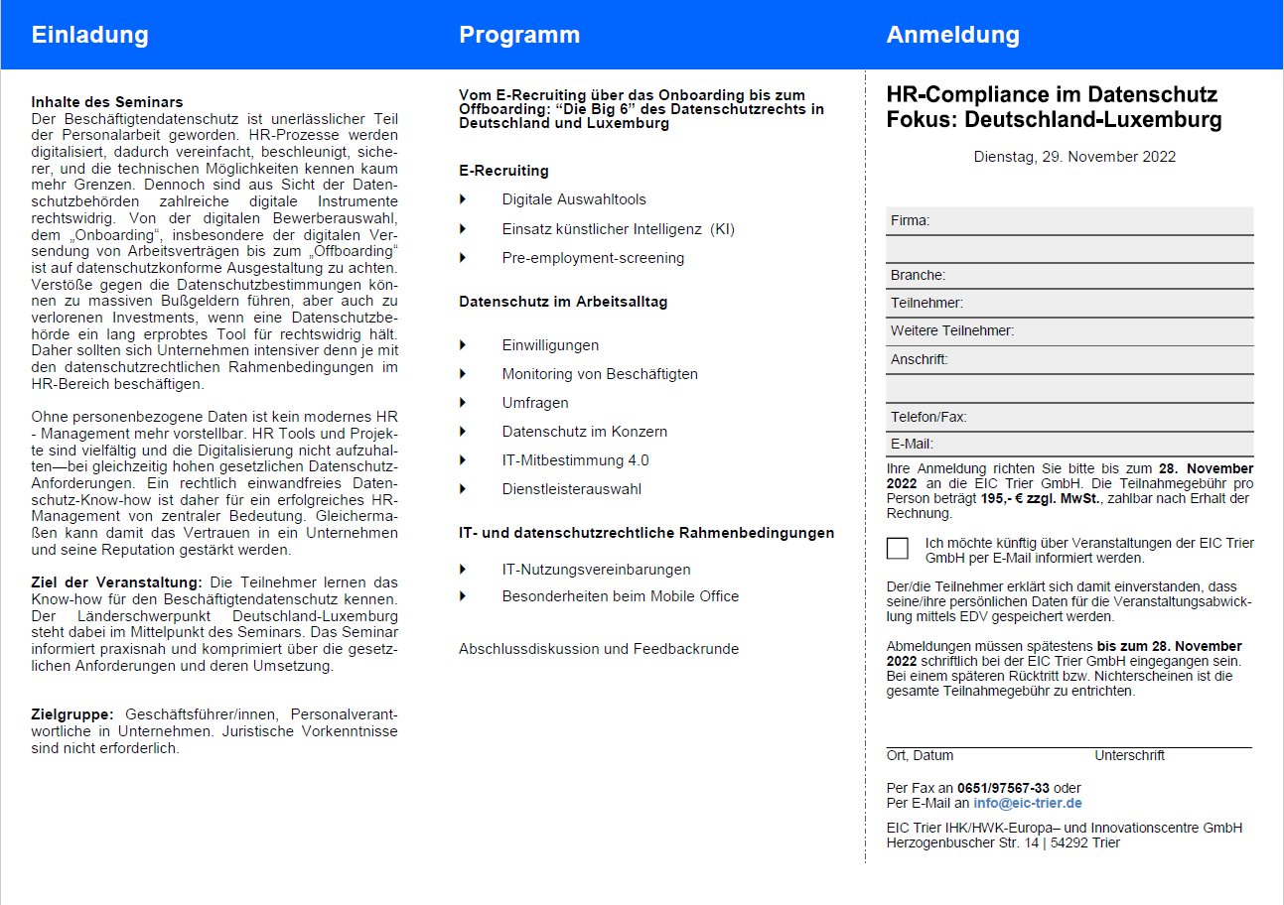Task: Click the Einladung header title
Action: tap(89, 35)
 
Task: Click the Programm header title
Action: tap(518, 35)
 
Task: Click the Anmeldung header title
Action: tap(952, 35)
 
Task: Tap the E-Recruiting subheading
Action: tap(503, 171)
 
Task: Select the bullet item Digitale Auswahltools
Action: tap(574, 199)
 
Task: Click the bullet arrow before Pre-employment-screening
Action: tap(463, 258)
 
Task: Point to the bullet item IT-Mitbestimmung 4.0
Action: tap(575, 460)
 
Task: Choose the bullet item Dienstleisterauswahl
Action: tap(571, 489)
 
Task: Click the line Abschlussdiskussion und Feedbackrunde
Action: tap(598, 649)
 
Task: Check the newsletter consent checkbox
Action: tap(898, 549)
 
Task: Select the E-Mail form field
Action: tap(1069, 444)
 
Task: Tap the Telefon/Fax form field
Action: tap(1069, 417)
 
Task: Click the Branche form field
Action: tap(1069, 275)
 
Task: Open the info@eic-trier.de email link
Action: tap(1028, 803)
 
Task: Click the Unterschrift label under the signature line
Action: tap(1129, 756)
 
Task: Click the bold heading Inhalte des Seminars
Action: tap(107, 102)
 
